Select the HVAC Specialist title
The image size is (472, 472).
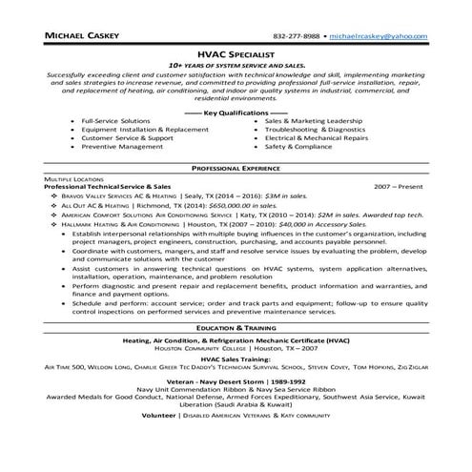click(236, 54)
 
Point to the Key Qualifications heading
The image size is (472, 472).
click(236, 112)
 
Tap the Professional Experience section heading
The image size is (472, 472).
click(236, 166)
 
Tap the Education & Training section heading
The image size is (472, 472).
click(236, 327)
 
